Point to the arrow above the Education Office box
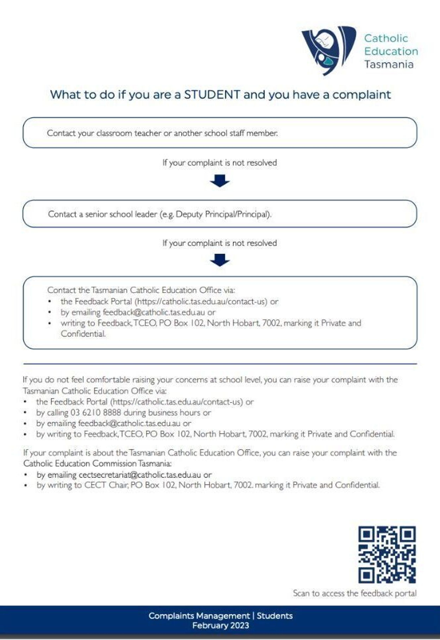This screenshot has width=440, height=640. tap(220, 260)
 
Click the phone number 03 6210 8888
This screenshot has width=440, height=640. tap(96, 412)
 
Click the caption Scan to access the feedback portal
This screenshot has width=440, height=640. tap(354, 593)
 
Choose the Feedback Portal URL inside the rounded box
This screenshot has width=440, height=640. tap(201, 301)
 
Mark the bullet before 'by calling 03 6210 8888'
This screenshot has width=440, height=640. tap(25, 413)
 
